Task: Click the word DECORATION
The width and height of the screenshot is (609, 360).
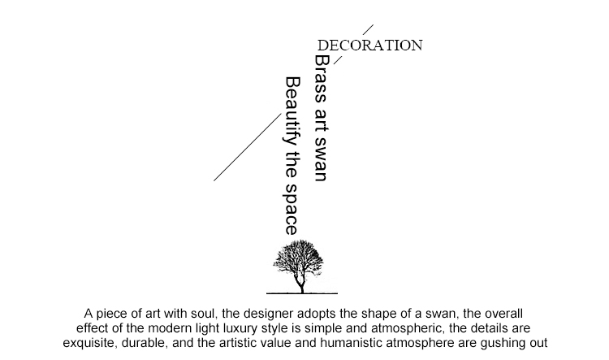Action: point(369,46)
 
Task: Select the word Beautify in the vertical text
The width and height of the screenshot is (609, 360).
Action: point(293,105)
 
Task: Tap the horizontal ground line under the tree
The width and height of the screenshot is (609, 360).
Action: point(303,293)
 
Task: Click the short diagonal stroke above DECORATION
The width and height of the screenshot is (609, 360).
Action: point(368,31)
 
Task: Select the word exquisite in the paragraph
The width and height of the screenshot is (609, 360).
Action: point(92,342)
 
